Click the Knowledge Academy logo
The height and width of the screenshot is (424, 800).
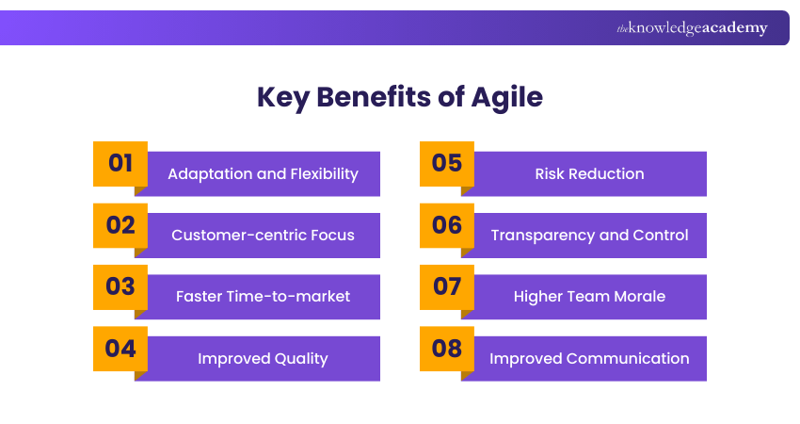[x=692, y=28]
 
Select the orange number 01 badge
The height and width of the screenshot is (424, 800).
[x=120, y=163]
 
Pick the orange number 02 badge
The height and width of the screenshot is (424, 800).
[x=120, y=225]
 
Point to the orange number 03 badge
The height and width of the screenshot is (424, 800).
[x=120, y=286]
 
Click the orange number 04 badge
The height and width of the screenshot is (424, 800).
[x=120, y=348]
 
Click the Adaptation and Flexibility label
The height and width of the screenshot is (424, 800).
[x=263, y=174]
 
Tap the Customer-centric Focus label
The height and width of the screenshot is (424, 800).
[x=263, y=236]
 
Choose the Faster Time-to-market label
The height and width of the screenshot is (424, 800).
[x=263, y=297]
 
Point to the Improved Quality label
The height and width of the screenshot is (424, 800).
[x=263, y=358]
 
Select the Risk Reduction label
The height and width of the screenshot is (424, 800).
[x=589, y=174]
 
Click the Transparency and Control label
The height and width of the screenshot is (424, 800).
[x=589, y=236]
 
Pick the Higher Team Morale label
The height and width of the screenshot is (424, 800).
[x=589, y=297]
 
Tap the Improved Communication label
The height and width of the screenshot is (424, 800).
[x=589, y=358]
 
